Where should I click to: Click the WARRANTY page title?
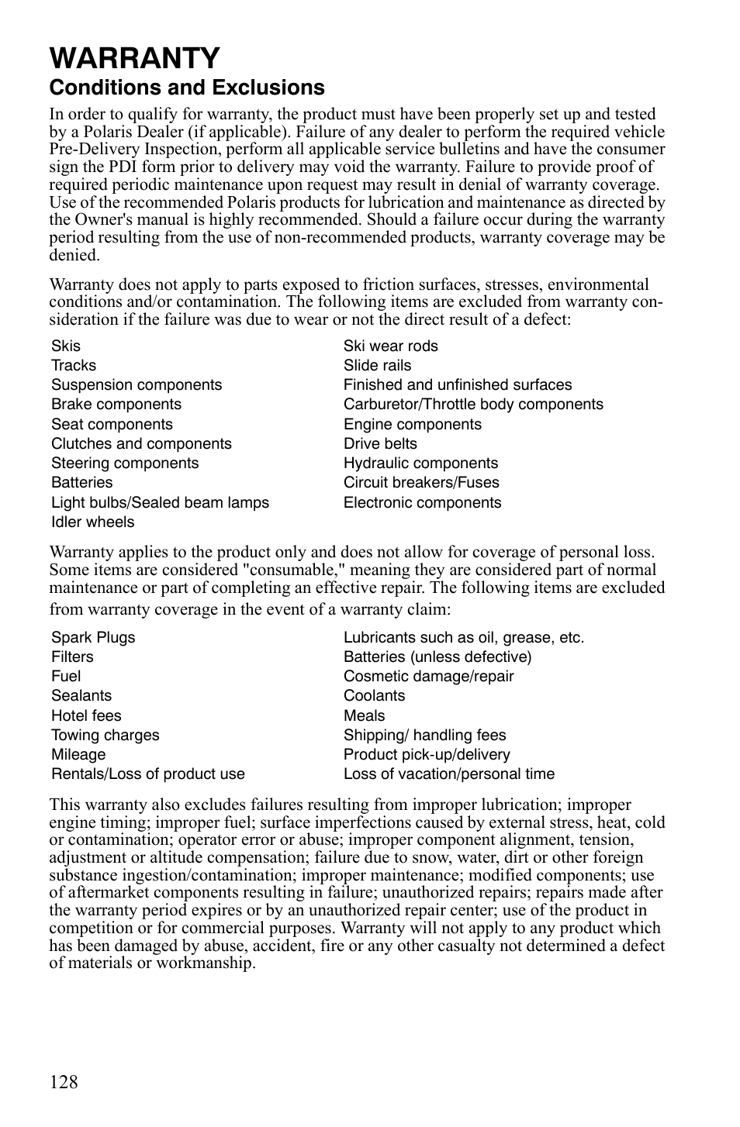[x=134, y=57]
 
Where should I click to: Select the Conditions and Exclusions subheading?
[x=187, y=87]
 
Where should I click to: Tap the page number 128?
[x=64, y=1082]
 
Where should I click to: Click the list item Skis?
[x=66, y=346]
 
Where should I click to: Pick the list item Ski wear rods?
[x=390, y=346]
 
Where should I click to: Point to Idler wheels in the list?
[x=92, y=522]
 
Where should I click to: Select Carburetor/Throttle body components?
[x=473, y=404]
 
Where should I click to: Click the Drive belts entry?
[x=380, y=443]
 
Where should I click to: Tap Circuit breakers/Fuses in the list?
[x=421, y=482]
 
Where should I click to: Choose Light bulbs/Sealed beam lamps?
[x=160, y=502]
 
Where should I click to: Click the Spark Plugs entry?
[x=93, y=637]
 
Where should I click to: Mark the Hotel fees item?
[x=86, y=715]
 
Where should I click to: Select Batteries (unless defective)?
[x=437, y=657]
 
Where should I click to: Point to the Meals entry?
[x=364, y=715]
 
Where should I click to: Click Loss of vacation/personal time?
[x=449, y=774]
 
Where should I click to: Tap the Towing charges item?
[x=105, y=735]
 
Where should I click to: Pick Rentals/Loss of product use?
[x=147, y=774]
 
